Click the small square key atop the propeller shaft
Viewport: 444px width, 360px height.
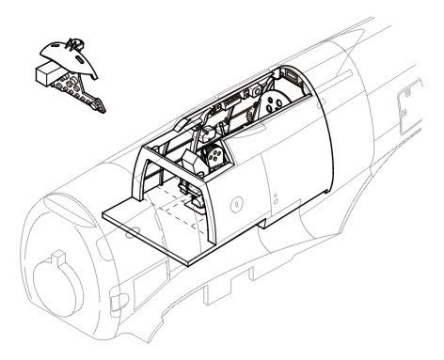click(x=57, y=256)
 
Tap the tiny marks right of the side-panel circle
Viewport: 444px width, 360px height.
click(x=274, y=198)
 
